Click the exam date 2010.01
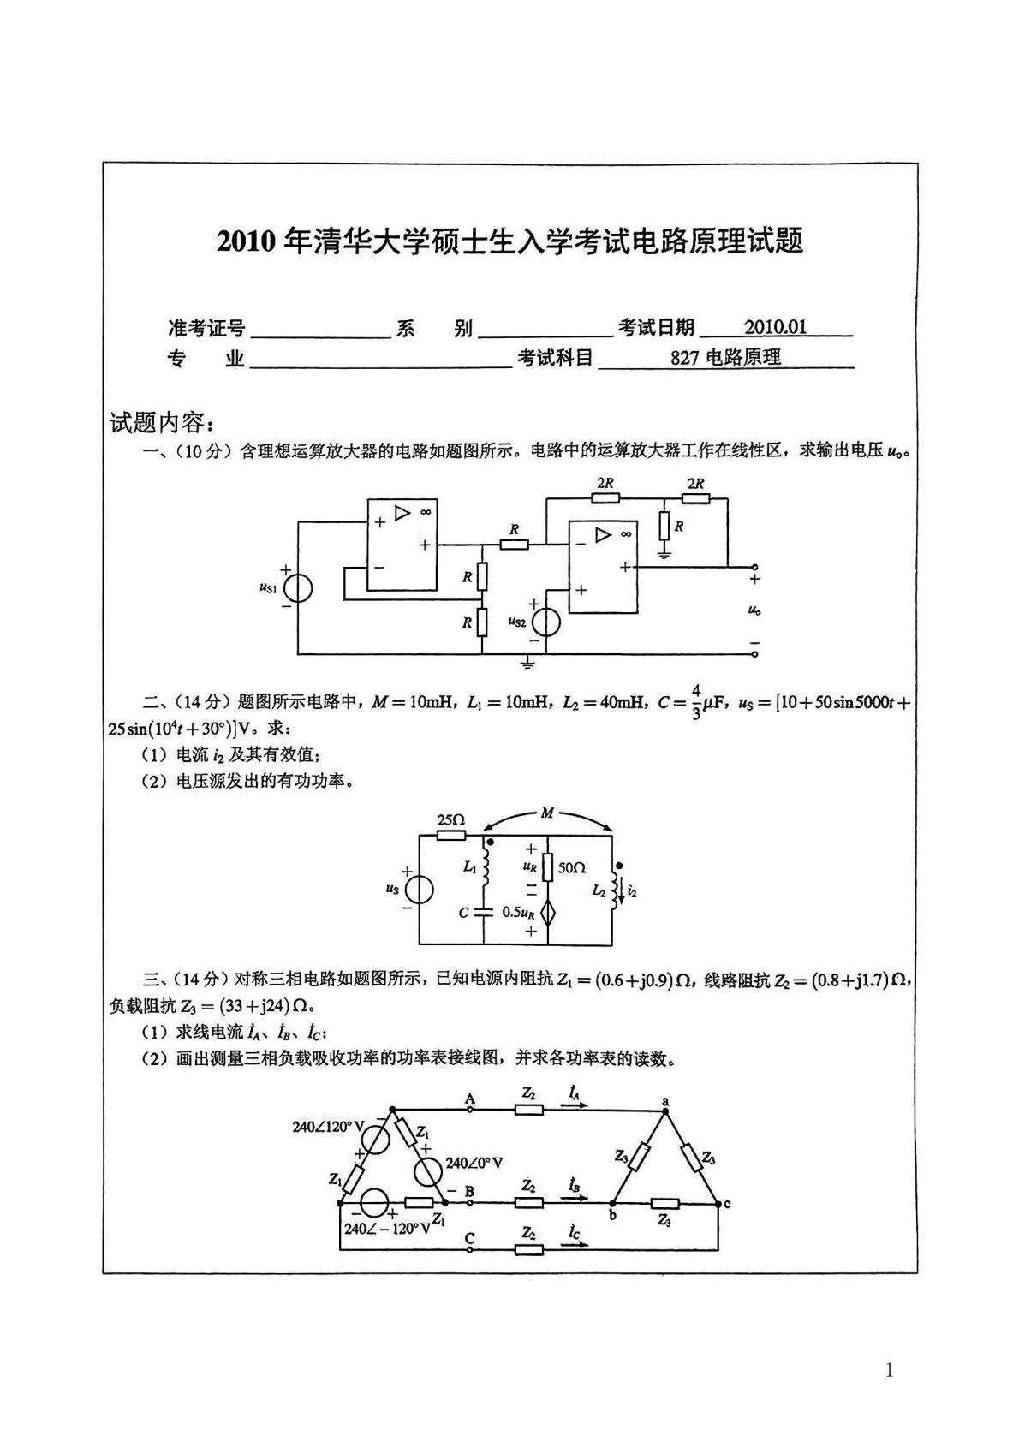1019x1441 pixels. tap(775, 327)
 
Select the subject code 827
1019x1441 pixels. tap(685, 358)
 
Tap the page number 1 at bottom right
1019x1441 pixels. tap(889, 1371)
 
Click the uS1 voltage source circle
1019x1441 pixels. tap(297, 589)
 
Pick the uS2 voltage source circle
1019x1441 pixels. tap(545, 622)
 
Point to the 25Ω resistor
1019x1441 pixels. tap(450, 835)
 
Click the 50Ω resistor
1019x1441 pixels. tap(549, 867)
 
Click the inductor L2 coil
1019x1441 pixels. tap(614, 890)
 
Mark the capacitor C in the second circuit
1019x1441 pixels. tap(486, 912)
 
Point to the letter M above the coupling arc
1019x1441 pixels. tap(547, 812)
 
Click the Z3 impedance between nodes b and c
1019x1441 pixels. tap(664, 1203)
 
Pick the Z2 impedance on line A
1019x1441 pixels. tap(528, 1110)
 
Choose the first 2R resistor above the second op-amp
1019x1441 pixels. tap(605, 498)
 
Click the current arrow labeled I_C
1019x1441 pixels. tap(575, 1245)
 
